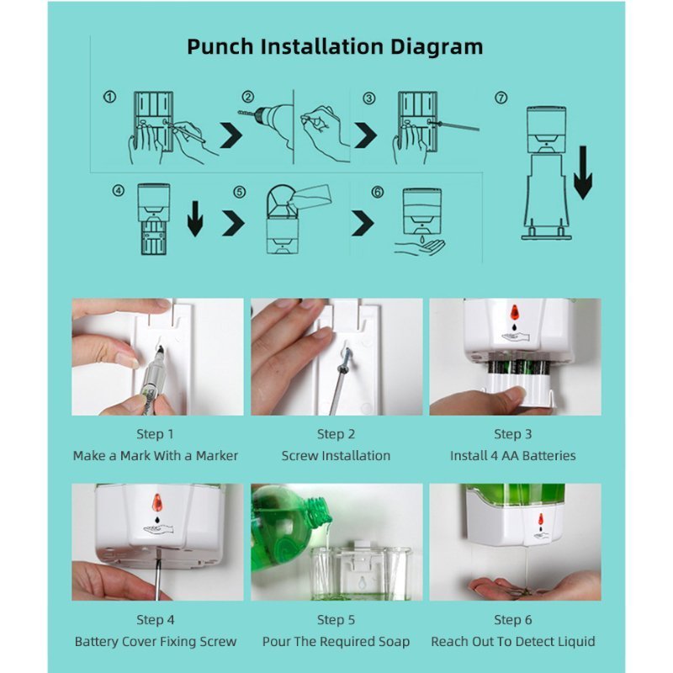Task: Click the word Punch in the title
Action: tap(220, 47)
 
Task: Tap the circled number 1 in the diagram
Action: tap(110, 97)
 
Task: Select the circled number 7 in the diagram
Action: tap(501, 98)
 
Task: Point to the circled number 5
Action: tap(240, 192)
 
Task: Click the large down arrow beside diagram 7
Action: tap(582, 172)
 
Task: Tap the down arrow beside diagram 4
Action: tap(195, 219)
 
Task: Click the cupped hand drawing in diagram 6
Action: tap(421, 247)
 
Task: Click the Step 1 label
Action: tap(155, 434)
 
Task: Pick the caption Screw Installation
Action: tap(336, 455)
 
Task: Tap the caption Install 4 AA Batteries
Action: tap(513, 455)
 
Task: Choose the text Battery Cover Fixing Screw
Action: tap(156, 641)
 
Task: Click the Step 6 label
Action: tap(513, 620)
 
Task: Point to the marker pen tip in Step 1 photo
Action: tap(160, 348)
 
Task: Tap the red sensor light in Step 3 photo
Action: tap(514, 313)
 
